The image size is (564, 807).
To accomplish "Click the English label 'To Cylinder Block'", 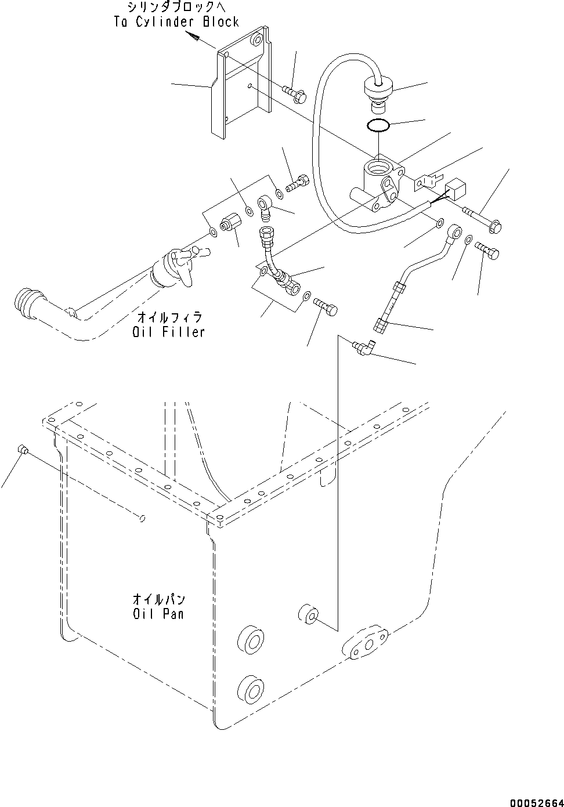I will click(x=176, y=22).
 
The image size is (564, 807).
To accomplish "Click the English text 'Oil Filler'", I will click(x=168, y=332).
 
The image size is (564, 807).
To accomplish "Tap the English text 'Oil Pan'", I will click(x=158, y=613).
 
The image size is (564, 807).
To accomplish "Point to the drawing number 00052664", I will click(x=537, y=802).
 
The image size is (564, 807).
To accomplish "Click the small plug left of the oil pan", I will click(x=23, y=448).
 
